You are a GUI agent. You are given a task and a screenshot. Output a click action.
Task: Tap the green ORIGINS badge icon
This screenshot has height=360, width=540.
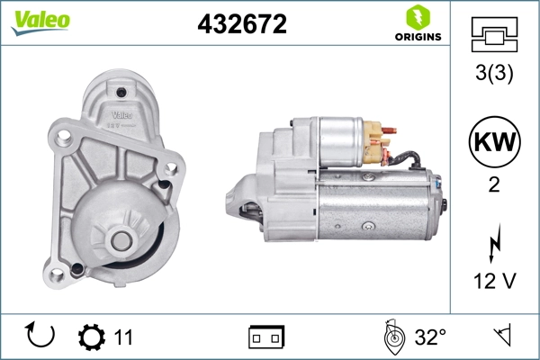[416, 17]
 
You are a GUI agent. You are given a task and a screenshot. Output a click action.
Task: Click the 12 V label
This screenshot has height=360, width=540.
[493, 282]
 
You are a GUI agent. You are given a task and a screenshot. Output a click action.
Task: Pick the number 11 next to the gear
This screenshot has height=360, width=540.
[123, 337]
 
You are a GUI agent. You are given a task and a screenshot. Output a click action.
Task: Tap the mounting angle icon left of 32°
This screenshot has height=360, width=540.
[391, 337]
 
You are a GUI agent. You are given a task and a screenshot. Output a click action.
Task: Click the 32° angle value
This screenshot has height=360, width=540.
[430, 337]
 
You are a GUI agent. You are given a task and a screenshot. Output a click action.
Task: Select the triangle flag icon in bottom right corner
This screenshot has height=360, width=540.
[500, 337]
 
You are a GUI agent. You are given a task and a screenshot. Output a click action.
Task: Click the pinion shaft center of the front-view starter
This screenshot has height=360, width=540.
[120, 239]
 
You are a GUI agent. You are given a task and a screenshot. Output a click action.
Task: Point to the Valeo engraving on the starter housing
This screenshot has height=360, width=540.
[121, 114]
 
